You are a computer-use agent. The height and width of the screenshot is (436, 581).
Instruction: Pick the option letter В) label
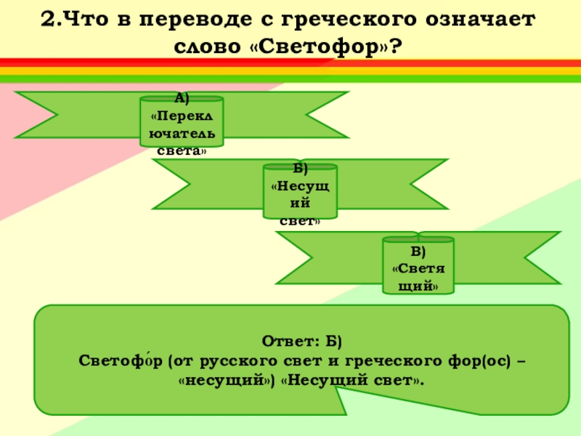[x=418, y=252]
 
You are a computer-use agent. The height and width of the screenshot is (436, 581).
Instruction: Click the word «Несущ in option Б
[x=300, y=185]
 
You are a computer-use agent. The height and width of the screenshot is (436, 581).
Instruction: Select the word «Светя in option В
[x=418, y=269]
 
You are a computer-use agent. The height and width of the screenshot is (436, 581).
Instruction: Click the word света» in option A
[x=182, y=151]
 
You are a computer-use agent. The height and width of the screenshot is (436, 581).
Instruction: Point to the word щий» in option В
[x=418, y=286]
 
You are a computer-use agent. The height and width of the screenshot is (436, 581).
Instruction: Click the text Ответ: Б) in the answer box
[x=301, y=342]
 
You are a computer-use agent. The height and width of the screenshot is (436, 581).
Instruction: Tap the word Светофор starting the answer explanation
[x=121, y=360]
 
